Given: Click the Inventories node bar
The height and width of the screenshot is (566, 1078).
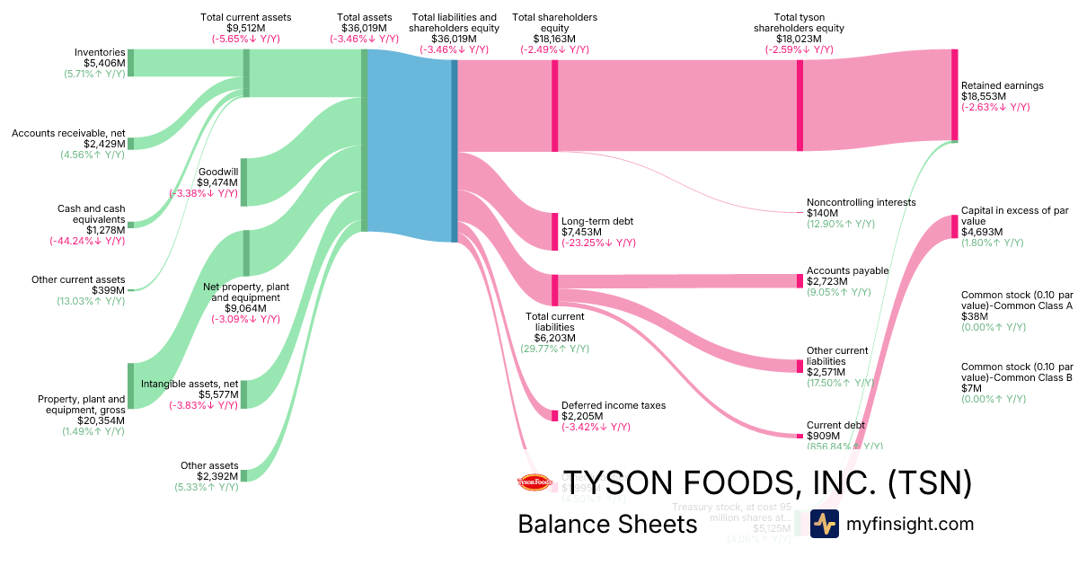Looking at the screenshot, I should (130, 63).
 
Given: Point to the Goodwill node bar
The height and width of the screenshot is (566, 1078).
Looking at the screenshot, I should (244, 182).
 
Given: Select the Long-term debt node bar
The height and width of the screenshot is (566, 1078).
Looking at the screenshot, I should (555, 231).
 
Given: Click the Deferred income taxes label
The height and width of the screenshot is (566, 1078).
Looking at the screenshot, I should (614, 405).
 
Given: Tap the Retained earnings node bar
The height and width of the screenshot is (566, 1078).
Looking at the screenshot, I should (954, 95).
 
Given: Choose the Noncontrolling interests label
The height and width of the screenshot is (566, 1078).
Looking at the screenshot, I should (861, 202).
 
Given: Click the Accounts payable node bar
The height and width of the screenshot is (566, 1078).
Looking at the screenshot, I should (800, 281).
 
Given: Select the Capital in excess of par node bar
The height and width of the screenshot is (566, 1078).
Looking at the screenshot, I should (954, 226).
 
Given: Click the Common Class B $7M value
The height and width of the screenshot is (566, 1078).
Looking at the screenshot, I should (971, 388).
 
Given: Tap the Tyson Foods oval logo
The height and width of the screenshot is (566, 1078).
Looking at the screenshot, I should (536, 482).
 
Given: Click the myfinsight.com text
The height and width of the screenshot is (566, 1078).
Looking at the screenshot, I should (909, 524).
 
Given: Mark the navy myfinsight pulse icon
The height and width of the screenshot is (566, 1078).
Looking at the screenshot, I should (824, 524).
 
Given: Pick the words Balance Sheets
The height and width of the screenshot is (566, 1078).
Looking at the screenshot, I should (607, 524).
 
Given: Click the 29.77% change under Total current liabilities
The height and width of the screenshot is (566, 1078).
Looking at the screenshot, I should (554, 349).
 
